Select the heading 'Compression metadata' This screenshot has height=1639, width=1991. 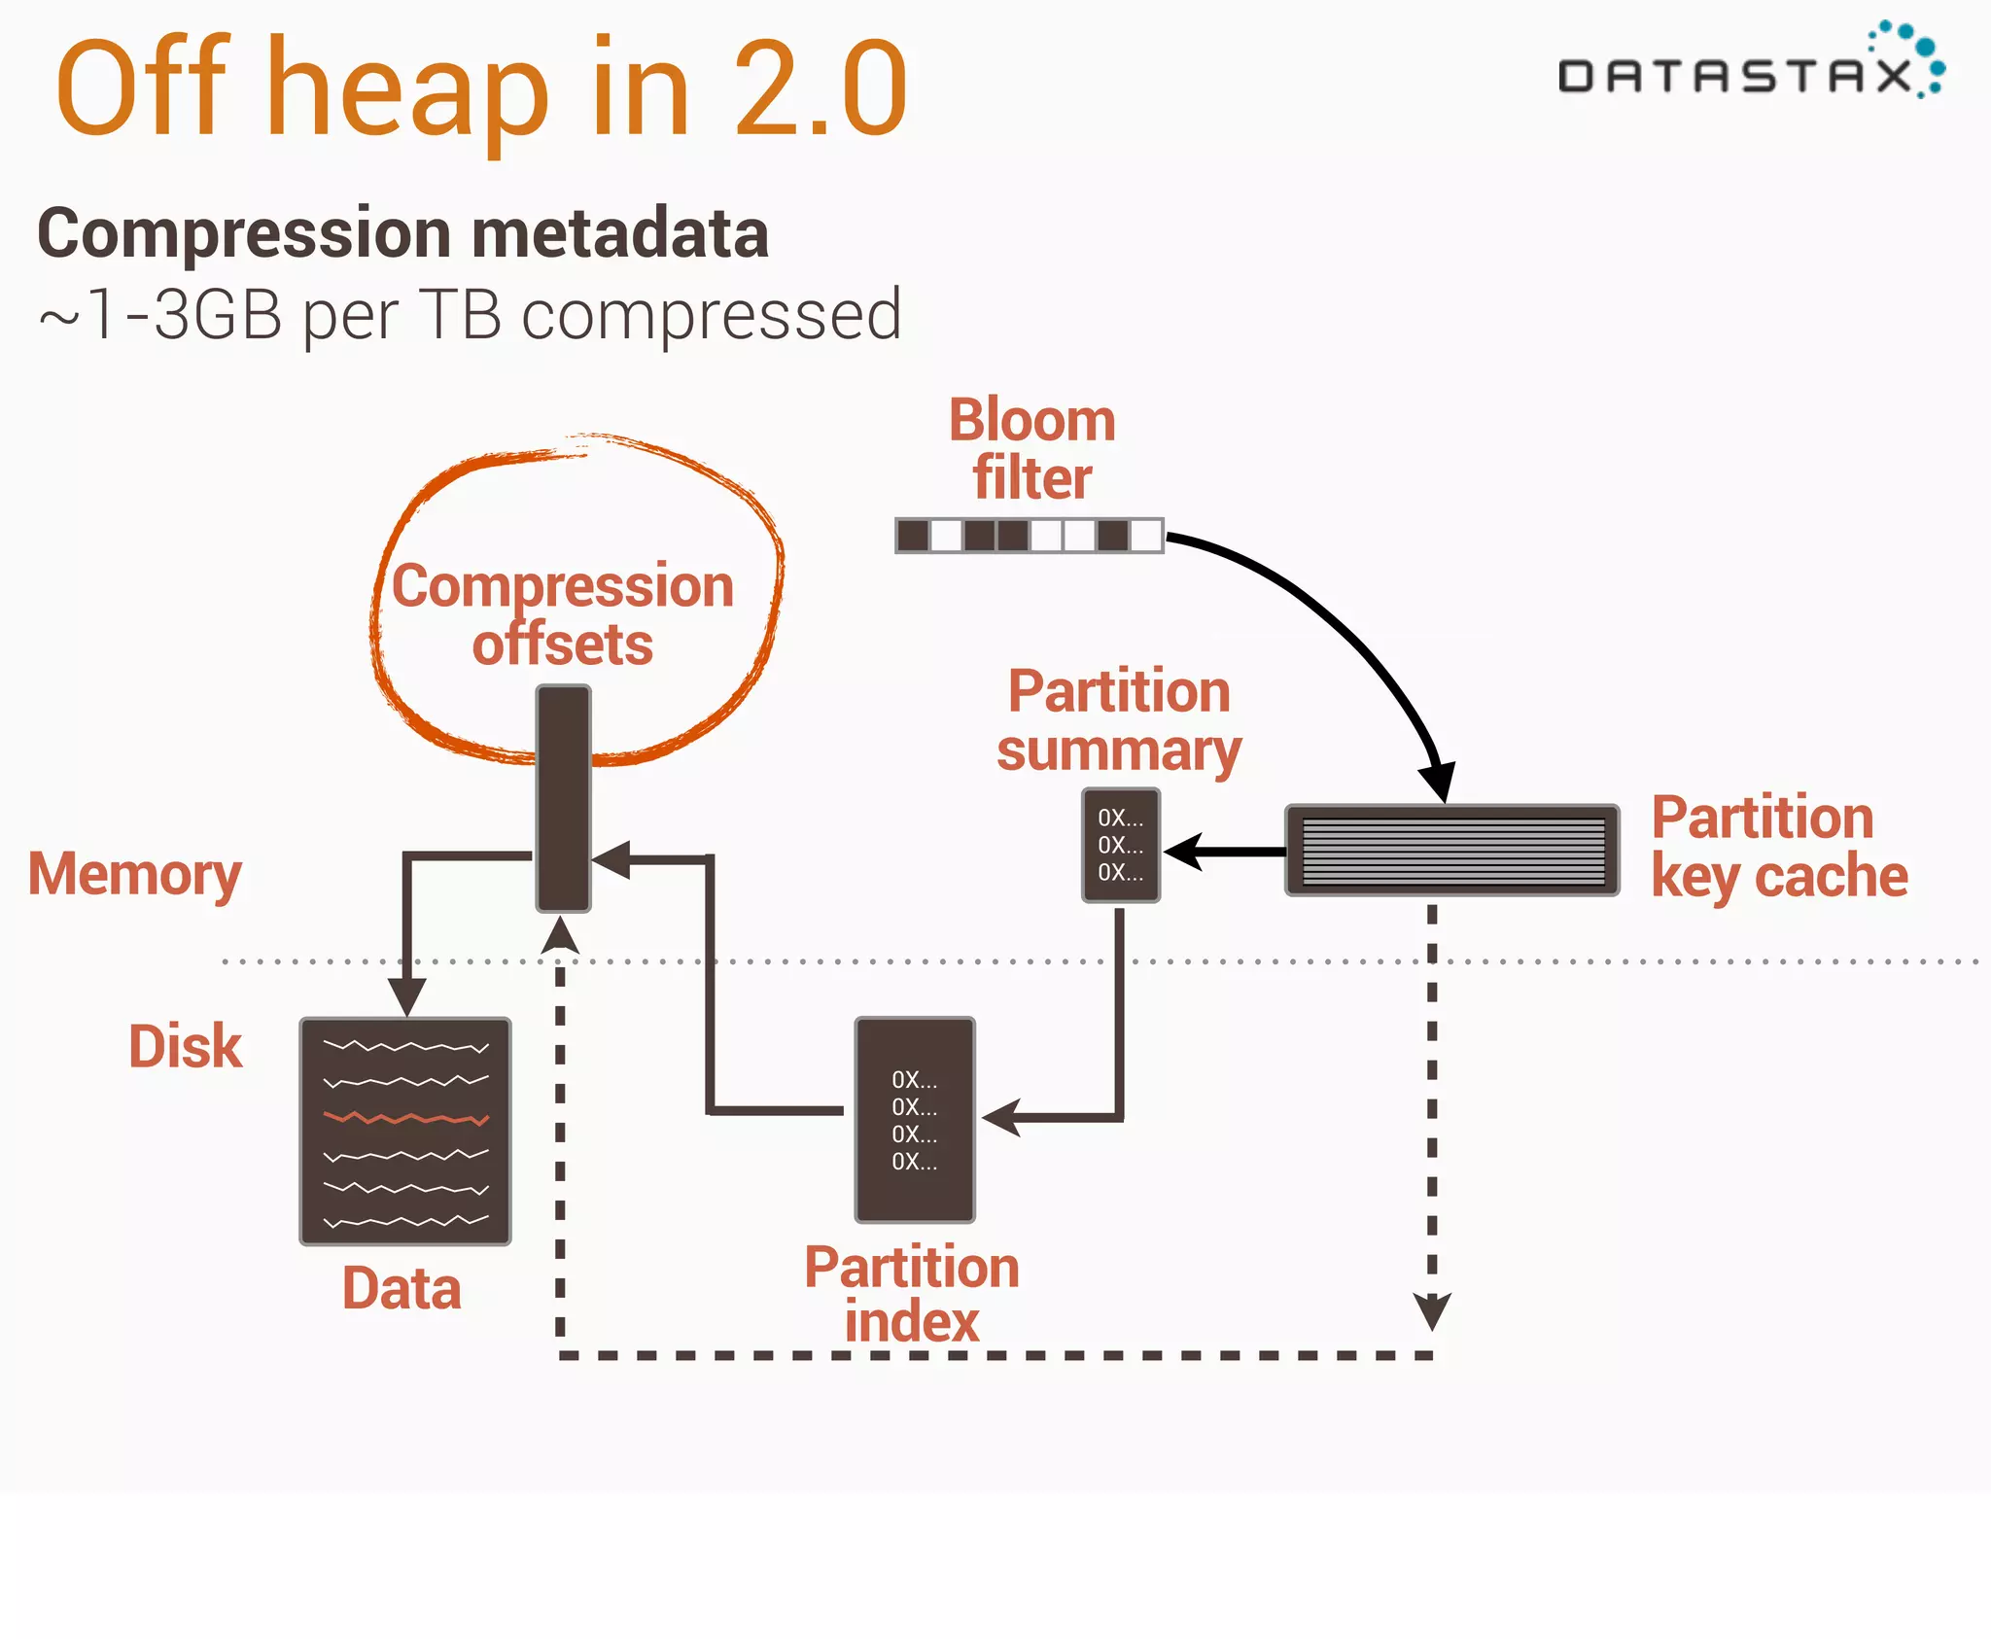402,233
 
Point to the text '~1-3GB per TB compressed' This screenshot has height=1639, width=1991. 471,315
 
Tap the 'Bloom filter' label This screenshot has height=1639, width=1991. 1031,449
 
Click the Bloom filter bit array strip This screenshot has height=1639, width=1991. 1029,536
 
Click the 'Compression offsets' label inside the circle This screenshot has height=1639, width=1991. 563,614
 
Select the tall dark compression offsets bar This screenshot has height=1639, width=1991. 563,797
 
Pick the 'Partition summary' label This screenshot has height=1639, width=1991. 1119,720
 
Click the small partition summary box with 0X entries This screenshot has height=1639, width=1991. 1120,845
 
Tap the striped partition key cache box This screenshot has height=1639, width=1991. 1452,851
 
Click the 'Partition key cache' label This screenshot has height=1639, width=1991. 1778,846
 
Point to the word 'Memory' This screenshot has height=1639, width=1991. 135,874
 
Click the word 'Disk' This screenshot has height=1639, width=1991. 185,1046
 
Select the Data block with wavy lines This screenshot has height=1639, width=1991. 405,1132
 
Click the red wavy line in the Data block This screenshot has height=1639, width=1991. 405,1118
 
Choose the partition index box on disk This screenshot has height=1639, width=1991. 914,1119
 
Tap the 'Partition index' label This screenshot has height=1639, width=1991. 912,1294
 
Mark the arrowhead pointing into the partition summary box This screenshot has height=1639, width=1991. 1181,852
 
